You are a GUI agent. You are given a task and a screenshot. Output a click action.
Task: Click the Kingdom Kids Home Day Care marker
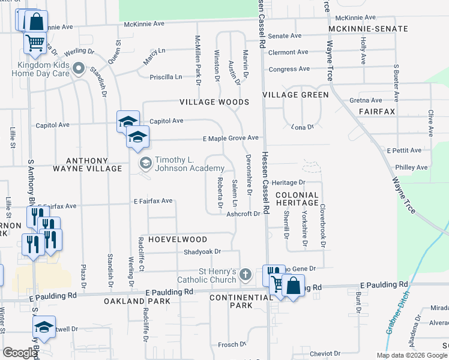[x=77, y=70]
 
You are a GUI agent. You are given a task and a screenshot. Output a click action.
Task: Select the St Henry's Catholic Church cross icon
[x=244, y=275]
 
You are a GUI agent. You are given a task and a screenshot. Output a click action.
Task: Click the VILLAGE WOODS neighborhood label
[x=214, y=102]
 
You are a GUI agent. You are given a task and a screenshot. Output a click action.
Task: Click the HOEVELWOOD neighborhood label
[x=175, y=239]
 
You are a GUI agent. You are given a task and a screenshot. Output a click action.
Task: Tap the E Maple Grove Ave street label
[x=230, y=139]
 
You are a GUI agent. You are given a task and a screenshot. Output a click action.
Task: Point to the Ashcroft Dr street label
[x=247, y=214]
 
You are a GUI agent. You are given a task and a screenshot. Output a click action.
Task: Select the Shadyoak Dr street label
[x=202, y=252]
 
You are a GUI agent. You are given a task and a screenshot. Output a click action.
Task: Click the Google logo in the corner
[x=20, y=353]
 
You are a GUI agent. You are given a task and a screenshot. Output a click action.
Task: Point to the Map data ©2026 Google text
[x=412, y=355]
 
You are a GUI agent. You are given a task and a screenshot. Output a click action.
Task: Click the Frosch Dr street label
[x=229, y=344]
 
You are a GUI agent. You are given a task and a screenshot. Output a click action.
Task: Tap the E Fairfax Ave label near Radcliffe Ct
[x=152, y=200]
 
